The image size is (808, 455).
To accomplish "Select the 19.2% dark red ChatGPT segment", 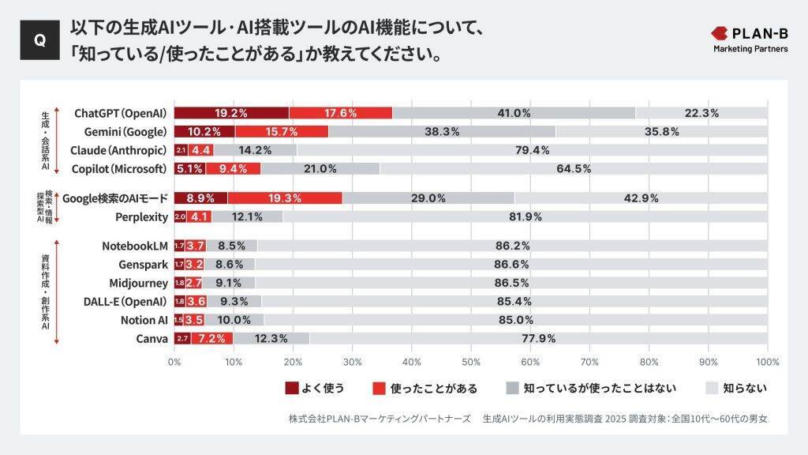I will point(231,113).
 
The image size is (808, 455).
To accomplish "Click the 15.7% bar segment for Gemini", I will point(282,131).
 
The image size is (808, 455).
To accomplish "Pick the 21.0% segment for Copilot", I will point(320,168).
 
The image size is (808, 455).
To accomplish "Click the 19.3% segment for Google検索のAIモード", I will point(285,198).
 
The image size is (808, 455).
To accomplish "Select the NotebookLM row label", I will point(135,246).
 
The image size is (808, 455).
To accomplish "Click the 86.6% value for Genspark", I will point(511,265).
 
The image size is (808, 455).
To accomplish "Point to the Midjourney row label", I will point(138,283).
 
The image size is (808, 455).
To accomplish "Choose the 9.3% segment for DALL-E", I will point(234,301).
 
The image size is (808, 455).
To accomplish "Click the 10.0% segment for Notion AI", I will point(234,320).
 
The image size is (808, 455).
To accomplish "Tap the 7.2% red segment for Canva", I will point(212,339).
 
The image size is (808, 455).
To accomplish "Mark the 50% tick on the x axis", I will point(471,362).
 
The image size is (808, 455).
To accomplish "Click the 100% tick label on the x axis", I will point(767,362).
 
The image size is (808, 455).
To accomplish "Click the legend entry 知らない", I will point(744,388).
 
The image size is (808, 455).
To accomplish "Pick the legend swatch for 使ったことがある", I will point(378,388).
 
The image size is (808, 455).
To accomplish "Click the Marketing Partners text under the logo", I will point(750,49).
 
